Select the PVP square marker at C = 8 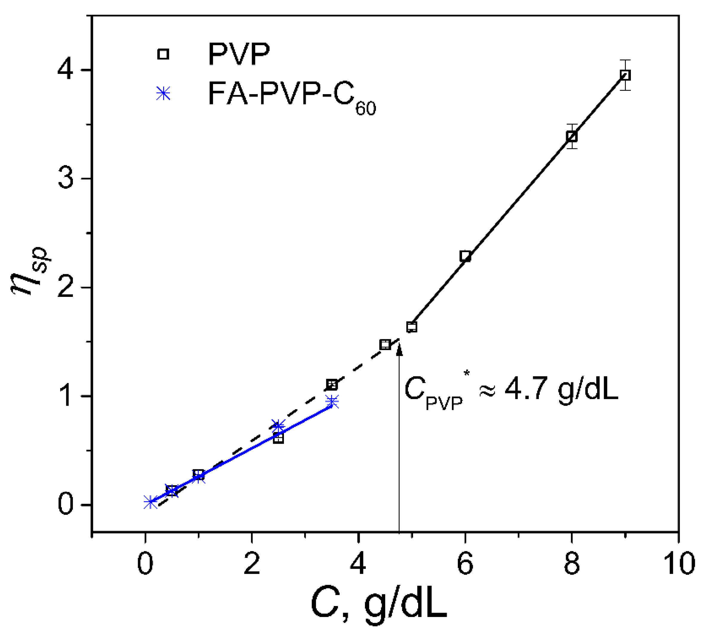tap(571, 136)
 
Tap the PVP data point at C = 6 tap(465, 256)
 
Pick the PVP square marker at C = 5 tap(412, 327)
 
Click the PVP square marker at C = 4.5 tap(385, 344)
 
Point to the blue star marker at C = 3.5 tap(332, 402)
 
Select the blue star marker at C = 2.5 tap(278, 426)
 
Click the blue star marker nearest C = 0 tap(150, 502)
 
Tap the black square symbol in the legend tap(163, 54)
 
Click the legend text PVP tap(239, 54)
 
